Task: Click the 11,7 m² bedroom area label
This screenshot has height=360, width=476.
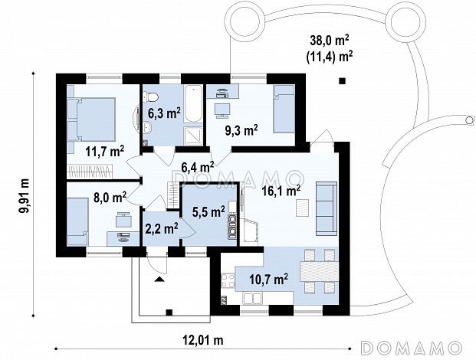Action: point(105,151)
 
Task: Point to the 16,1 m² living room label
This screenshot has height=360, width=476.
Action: point(281,191)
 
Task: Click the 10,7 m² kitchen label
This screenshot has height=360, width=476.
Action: point(269,279)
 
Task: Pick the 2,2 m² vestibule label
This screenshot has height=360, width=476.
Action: point(162,229)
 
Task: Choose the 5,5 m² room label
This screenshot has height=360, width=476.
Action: point(208,211)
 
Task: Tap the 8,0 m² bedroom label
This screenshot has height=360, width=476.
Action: point(110,198)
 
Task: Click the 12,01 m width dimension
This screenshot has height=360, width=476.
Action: point(203,339)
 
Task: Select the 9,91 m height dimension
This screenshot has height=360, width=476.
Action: point(25,195)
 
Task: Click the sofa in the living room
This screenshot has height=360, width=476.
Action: point(327,208)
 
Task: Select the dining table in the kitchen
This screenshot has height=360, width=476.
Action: point(319,271)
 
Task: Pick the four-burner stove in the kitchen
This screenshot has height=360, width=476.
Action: point(228,280)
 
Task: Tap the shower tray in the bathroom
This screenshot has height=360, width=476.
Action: point(193,136)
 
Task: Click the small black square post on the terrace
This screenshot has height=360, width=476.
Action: point(342,80)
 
